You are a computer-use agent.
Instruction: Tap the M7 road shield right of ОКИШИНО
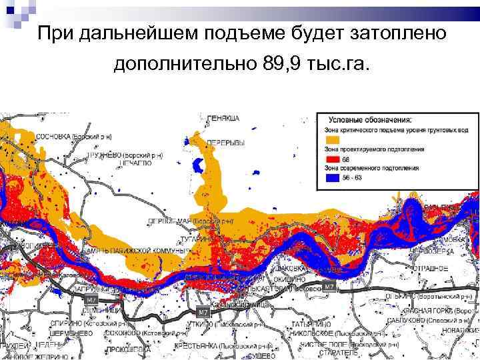click(x=328, y=286)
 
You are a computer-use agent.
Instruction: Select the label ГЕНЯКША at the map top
click(x=223, y=118)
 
